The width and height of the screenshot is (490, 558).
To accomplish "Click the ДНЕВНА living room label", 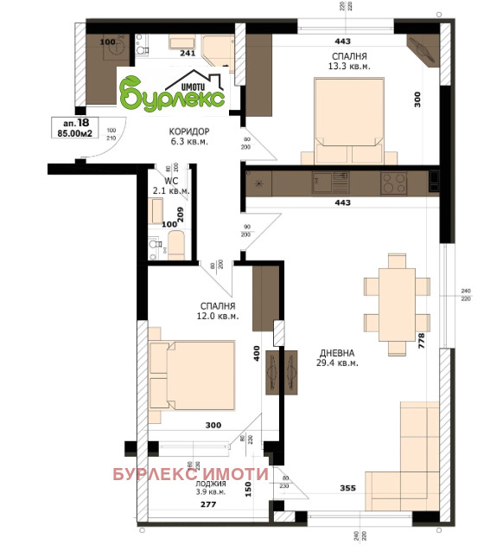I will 334,353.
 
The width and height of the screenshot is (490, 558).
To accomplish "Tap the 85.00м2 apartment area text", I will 76,134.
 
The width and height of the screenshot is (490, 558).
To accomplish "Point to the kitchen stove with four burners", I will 394,183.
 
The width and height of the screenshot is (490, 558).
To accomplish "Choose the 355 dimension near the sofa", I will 347,490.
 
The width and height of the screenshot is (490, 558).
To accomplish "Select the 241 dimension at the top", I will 188,52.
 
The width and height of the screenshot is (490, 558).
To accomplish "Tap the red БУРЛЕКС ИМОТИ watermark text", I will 191,474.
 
